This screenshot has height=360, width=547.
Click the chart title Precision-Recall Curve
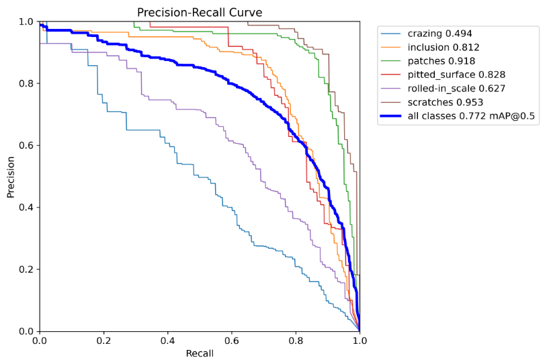200,13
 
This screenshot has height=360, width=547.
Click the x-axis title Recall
200,353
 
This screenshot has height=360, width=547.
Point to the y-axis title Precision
11,177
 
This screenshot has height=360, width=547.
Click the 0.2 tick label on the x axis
103,341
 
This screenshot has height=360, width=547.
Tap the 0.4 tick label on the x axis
167,341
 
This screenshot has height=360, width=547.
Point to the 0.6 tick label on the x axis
232,341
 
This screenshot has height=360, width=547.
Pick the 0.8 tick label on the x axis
296,341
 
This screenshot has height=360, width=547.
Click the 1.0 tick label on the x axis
360,341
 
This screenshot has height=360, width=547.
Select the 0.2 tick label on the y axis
26,269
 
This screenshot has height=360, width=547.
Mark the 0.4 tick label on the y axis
26,208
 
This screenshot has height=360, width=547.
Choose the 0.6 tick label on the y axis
26,146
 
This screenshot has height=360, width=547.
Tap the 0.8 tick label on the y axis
26,84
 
